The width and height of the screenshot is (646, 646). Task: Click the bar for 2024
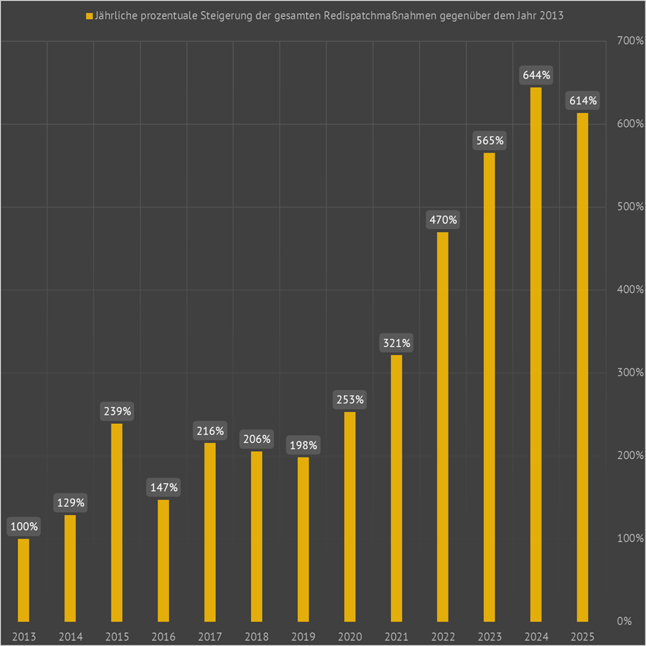535,354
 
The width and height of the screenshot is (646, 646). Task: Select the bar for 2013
24,579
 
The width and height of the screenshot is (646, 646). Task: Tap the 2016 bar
163,560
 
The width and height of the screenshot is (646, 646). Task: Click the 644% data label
535,74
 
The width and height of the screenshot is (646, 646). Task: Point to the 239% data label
116,411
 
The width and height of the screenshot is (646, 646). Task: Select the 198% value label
303,445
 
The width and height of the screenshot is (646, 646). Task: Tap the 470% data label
442,220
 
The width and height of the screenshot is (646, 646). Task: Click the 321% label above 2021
396,343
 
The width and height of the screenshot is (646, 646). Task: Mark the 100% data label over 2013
24,526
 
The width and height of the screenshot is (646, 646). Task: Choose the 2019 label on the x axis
303,636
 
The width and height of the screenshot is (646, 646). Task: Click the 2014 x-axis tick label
70,636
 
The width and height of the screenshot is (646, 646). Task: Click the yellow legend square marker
88,15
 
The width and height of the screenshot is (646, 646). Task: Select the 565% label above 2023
489,140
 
